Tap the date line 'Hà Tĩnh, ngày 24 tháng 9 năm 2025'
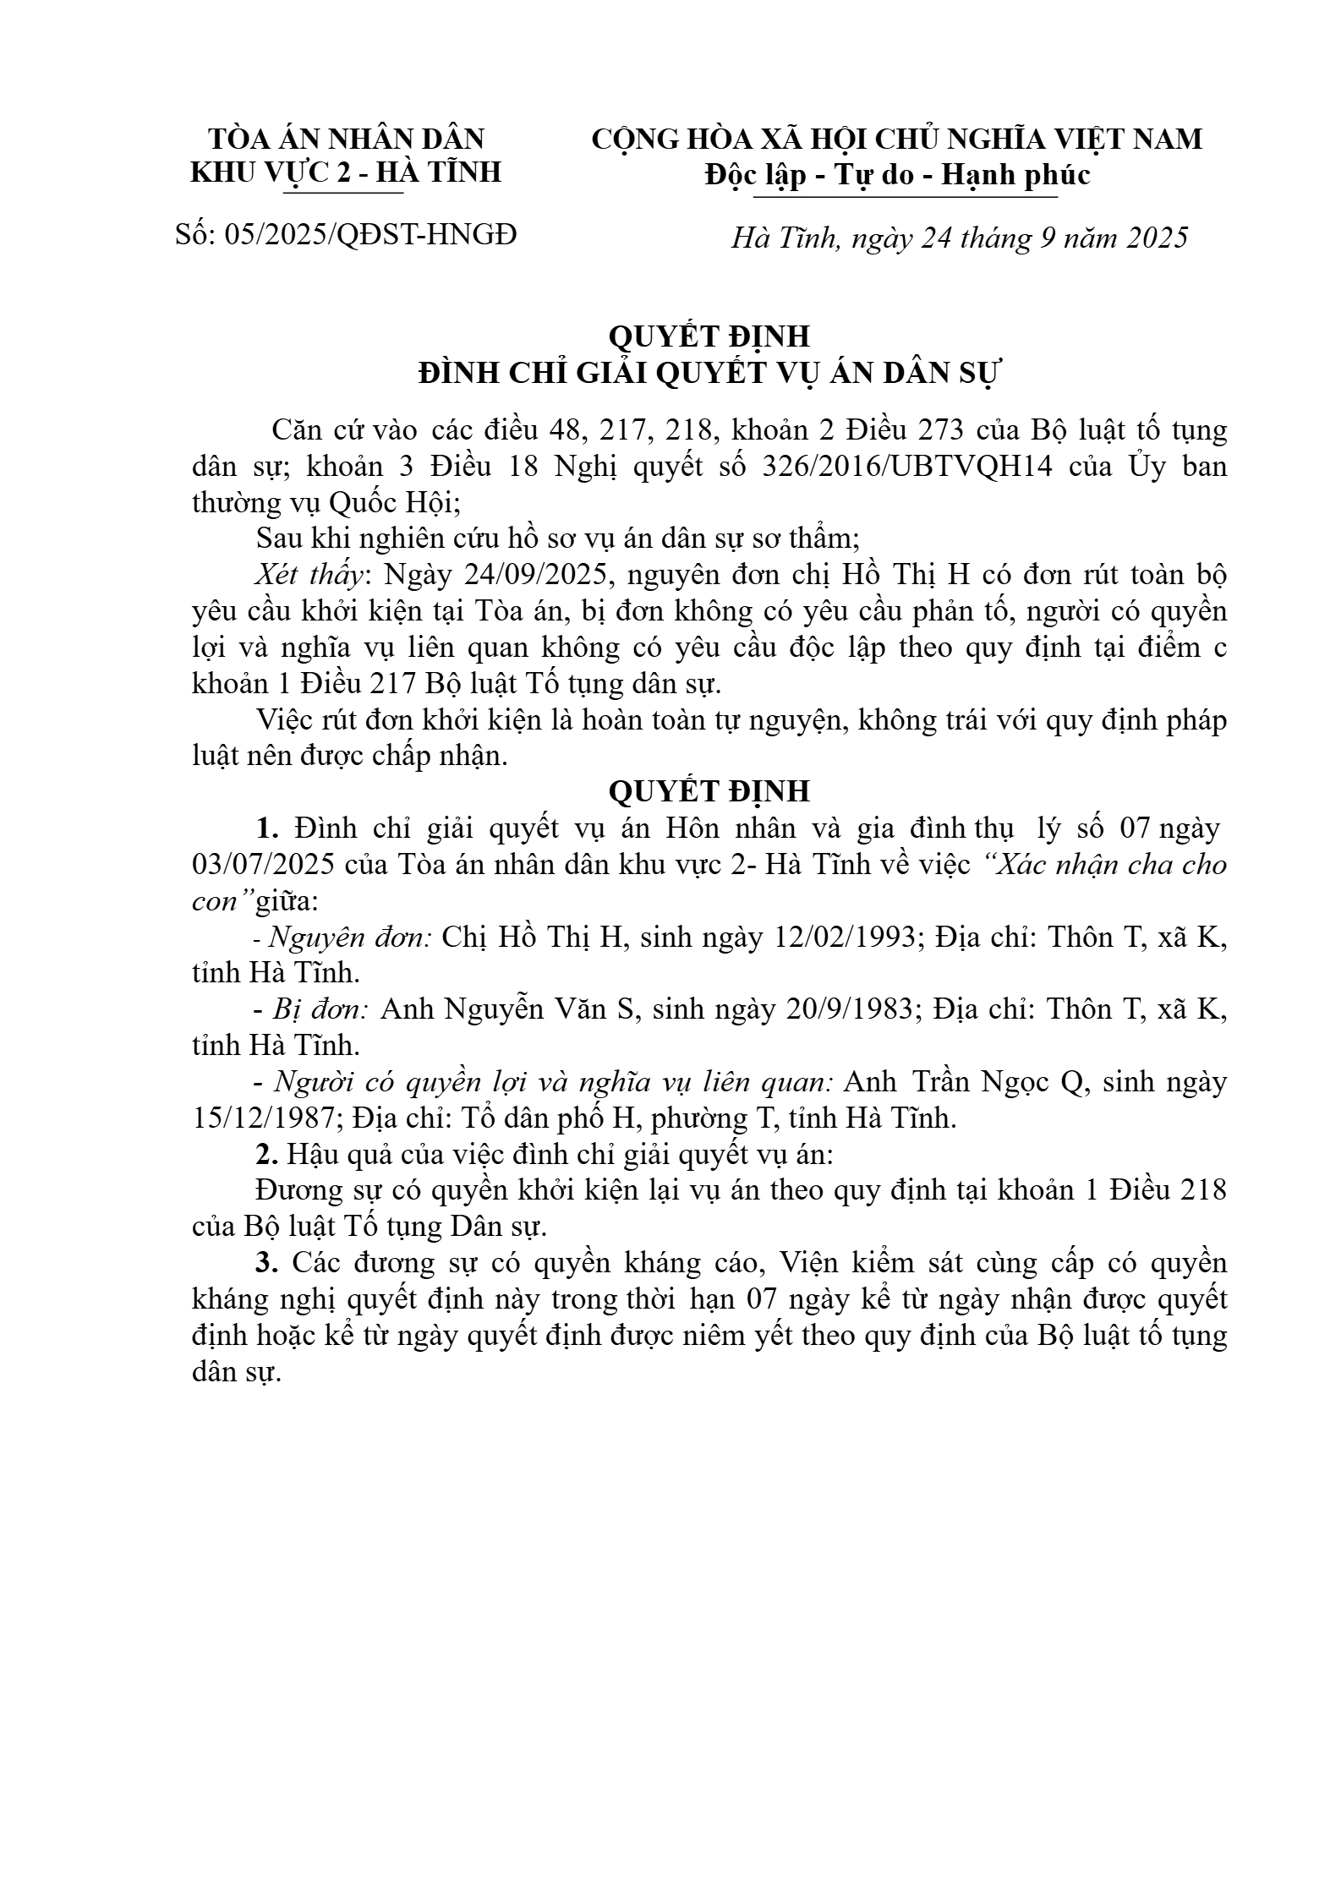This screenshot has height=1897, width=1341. pyautogui.click(x=959, y=238)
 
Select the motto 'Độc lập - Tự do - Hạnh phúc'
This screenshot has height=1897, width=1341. pyautogui.click(x=897, y=174)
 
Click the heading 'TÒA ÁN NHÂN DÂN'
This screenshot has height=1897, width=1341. pyautogui.click(x=346, y=139)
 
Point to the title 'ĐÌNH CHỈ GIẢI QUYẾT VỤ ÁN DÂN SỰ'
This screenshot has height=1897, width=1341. pyautogui.click(x=709, y=373)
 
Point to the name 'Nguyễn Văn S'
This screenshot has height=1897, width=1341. pyautogui.click(x=512, y=1009)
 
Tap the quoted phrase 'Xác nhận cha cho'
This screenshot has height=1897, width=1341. pyautogui.click(x=1107, y=865)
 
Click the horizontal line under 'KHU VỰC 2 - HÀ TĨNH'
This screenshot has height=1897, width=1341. pyautogui.click(x=342, y=194)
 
